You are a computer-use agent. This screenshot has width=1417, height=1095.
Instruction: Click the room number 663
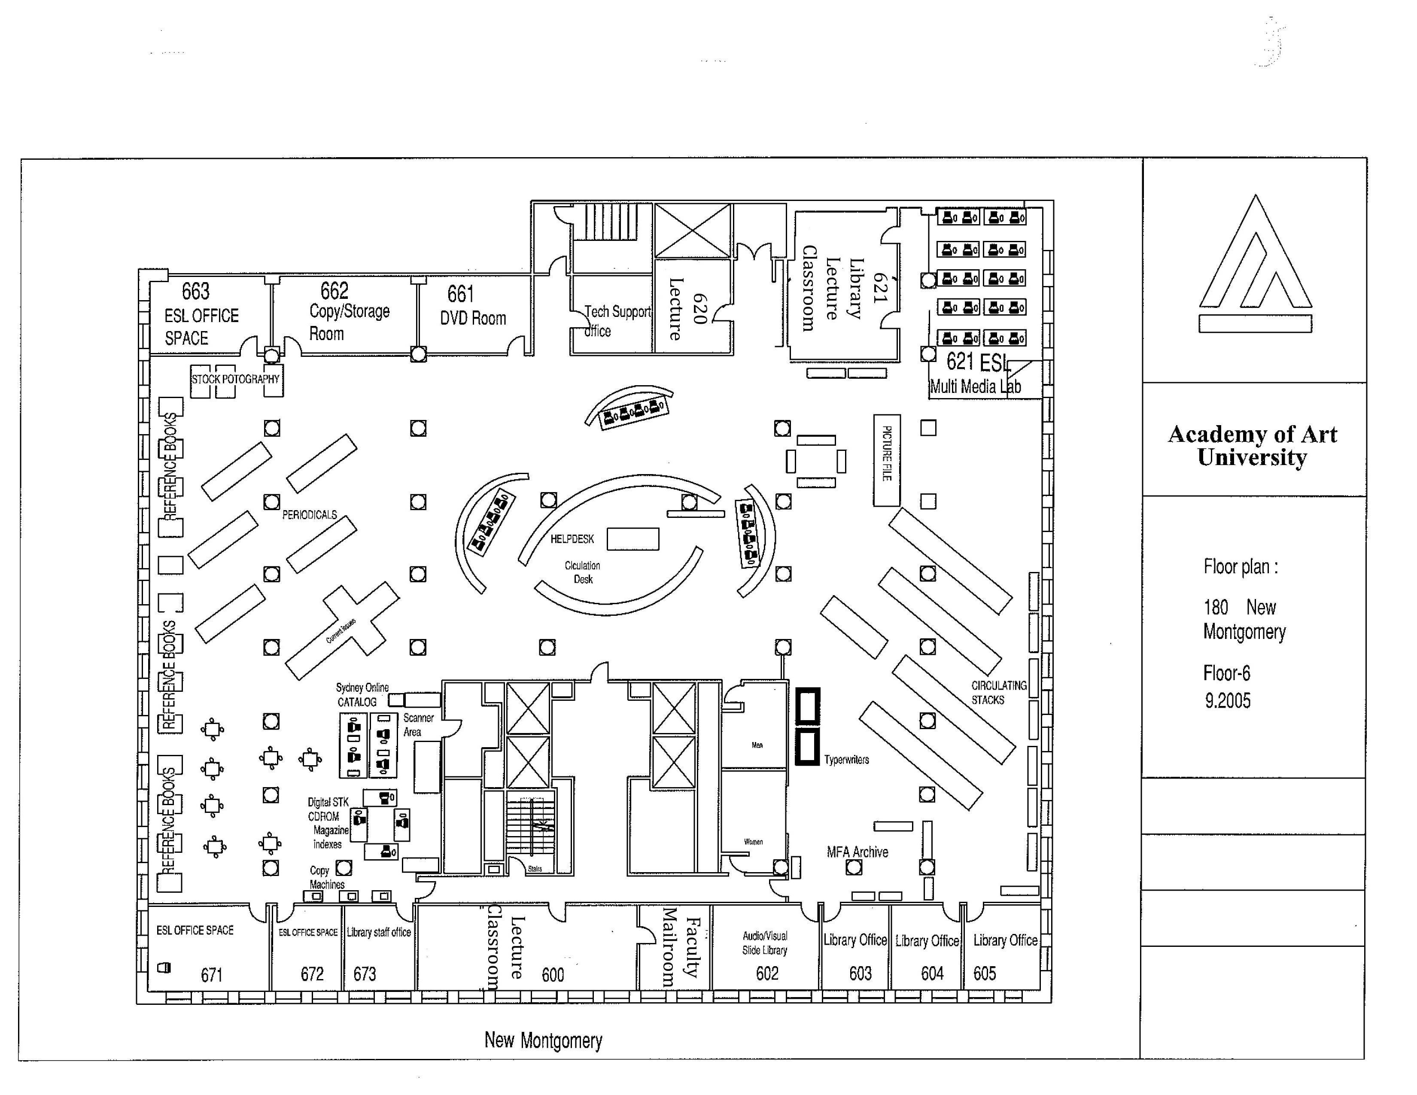click(x=195, y=291)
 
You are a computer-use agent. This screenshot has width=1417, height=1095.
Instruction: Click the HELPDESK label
click(x=572, y=539)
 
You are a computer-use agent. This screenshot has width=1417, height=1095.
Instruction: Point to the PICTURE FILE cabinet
click(x=886, y=460)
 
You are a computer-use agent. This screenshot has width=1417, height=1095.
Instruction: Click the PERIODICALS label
click(x=310, y=515)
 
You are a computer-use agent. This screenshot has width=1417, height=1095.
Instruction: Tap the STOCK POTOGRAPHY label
click(x=235, y=379)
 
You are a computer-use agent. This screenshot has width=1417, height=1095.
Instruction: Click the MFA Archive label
click(x=857, y=852)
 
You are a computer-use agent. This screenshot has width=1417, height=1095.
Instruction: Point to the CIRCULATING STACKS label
click(x=998, y=692)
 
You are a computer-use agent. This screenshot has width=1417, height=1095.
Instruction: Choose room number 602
click(x=767, y=973)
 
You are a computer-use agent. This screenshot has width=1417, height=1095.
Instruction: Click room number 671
click(x=212, y=975)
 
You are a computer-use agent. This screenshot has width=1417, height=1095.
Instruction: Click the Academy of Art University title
click(x=1252, y=446)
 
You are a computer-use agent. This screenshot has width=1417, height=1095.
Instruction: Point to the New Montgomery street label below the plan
click(x=543, y=1040)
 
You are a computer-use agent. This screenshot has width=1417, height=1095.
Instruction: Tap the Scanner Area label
click(x=417, y=724)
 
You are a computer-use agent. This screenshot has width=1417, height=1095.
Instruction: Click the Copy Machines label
click(x=326, y=877)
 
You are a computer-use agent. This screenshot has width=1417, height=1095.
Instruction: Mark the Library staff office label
click(x=378, y=932)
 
